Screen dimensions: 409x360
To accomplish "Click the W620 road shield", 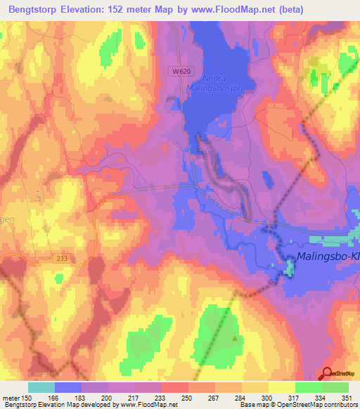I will point(180,72).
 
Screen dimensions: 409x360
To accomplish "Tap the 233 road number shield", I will point(62,259).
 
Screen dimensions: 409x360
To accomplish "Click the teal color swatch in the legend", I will point(41,387).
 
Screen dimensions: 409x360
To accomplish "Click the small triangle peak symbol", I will point(234,338).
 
